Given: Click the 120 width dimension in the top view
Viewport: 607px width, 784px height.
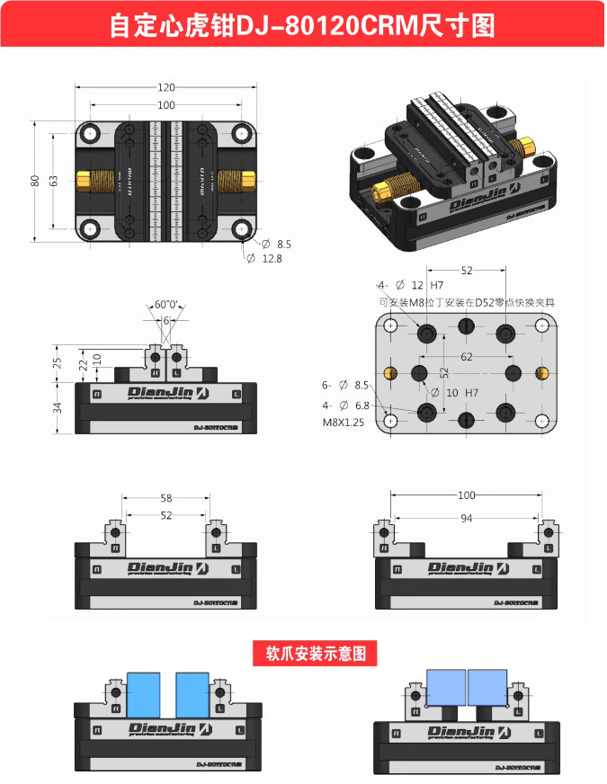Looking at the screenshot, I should [166, 87].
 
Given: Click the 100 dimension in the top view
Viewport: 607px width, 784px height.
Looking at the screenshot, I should [166, 105].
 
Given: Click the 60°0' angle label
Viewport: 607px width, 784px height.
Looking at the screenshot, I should [166, 305].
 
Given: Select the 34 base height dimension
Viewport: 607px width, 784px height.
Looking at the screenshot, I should [58, 406].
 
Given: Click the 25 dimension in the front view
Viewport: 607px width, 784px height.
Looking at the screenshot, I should [58, 362].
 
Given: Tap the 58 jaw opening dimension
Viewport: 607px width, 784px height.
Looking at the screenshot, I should [166, 497].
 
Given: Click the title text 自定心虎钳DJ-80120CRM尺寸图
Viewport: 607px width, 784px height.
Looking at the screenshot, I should [302, 25].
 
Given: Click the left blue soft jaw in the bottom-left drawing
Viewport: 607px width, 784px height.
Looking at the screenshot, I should [144, 694].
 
